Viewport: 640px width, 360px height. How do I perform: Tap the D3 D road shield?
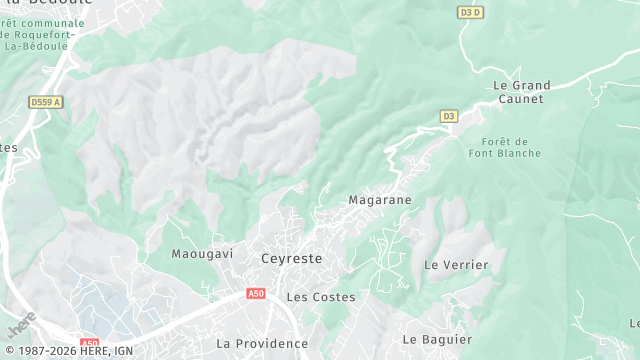coord(469,12)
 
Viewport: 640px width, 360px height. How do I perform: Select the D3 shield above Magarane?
coord(448,117)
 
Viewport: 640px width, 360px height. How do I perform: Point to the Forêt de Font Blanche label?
coord(504,147)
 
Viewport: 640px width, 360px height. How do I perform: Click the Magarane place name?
coord(379,200)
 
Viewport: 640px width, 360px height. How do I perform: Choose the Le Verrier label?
coord(456,265)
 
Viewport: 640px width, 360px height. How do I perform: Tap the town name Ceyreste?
coord(292,257)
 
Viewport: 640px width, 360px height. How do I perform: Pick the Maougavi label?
coord(202,254)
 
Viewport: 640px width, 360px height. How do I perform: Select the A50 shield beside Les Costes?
coord(256,294)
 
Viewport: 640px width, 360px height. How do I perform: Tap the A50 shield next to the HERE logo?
coord(90,341)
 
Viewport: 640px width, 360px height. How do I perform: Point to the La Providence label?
coord(262,343)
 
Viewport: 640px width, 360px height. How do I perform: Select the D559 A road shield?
coord(46,102)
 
